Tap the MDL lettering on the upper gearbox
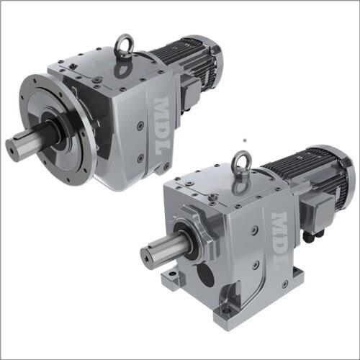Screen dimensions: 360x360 click(162, 125)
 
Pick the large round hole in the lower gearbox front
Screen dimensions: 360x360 click(205, 274)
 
